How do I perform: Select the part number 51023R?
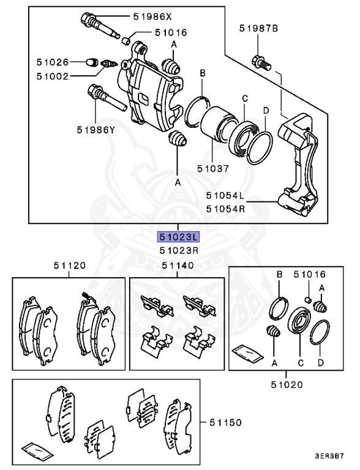click(179, 250)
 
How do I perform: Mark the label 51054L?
click(225, 196)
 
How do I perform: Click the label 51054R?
click(225, 207)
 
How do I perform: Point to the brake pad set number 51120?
click(69, 266)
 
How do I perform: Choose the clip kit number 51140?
click(178, 266)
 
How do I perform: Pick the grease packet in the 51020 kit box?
click(247, 353)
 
